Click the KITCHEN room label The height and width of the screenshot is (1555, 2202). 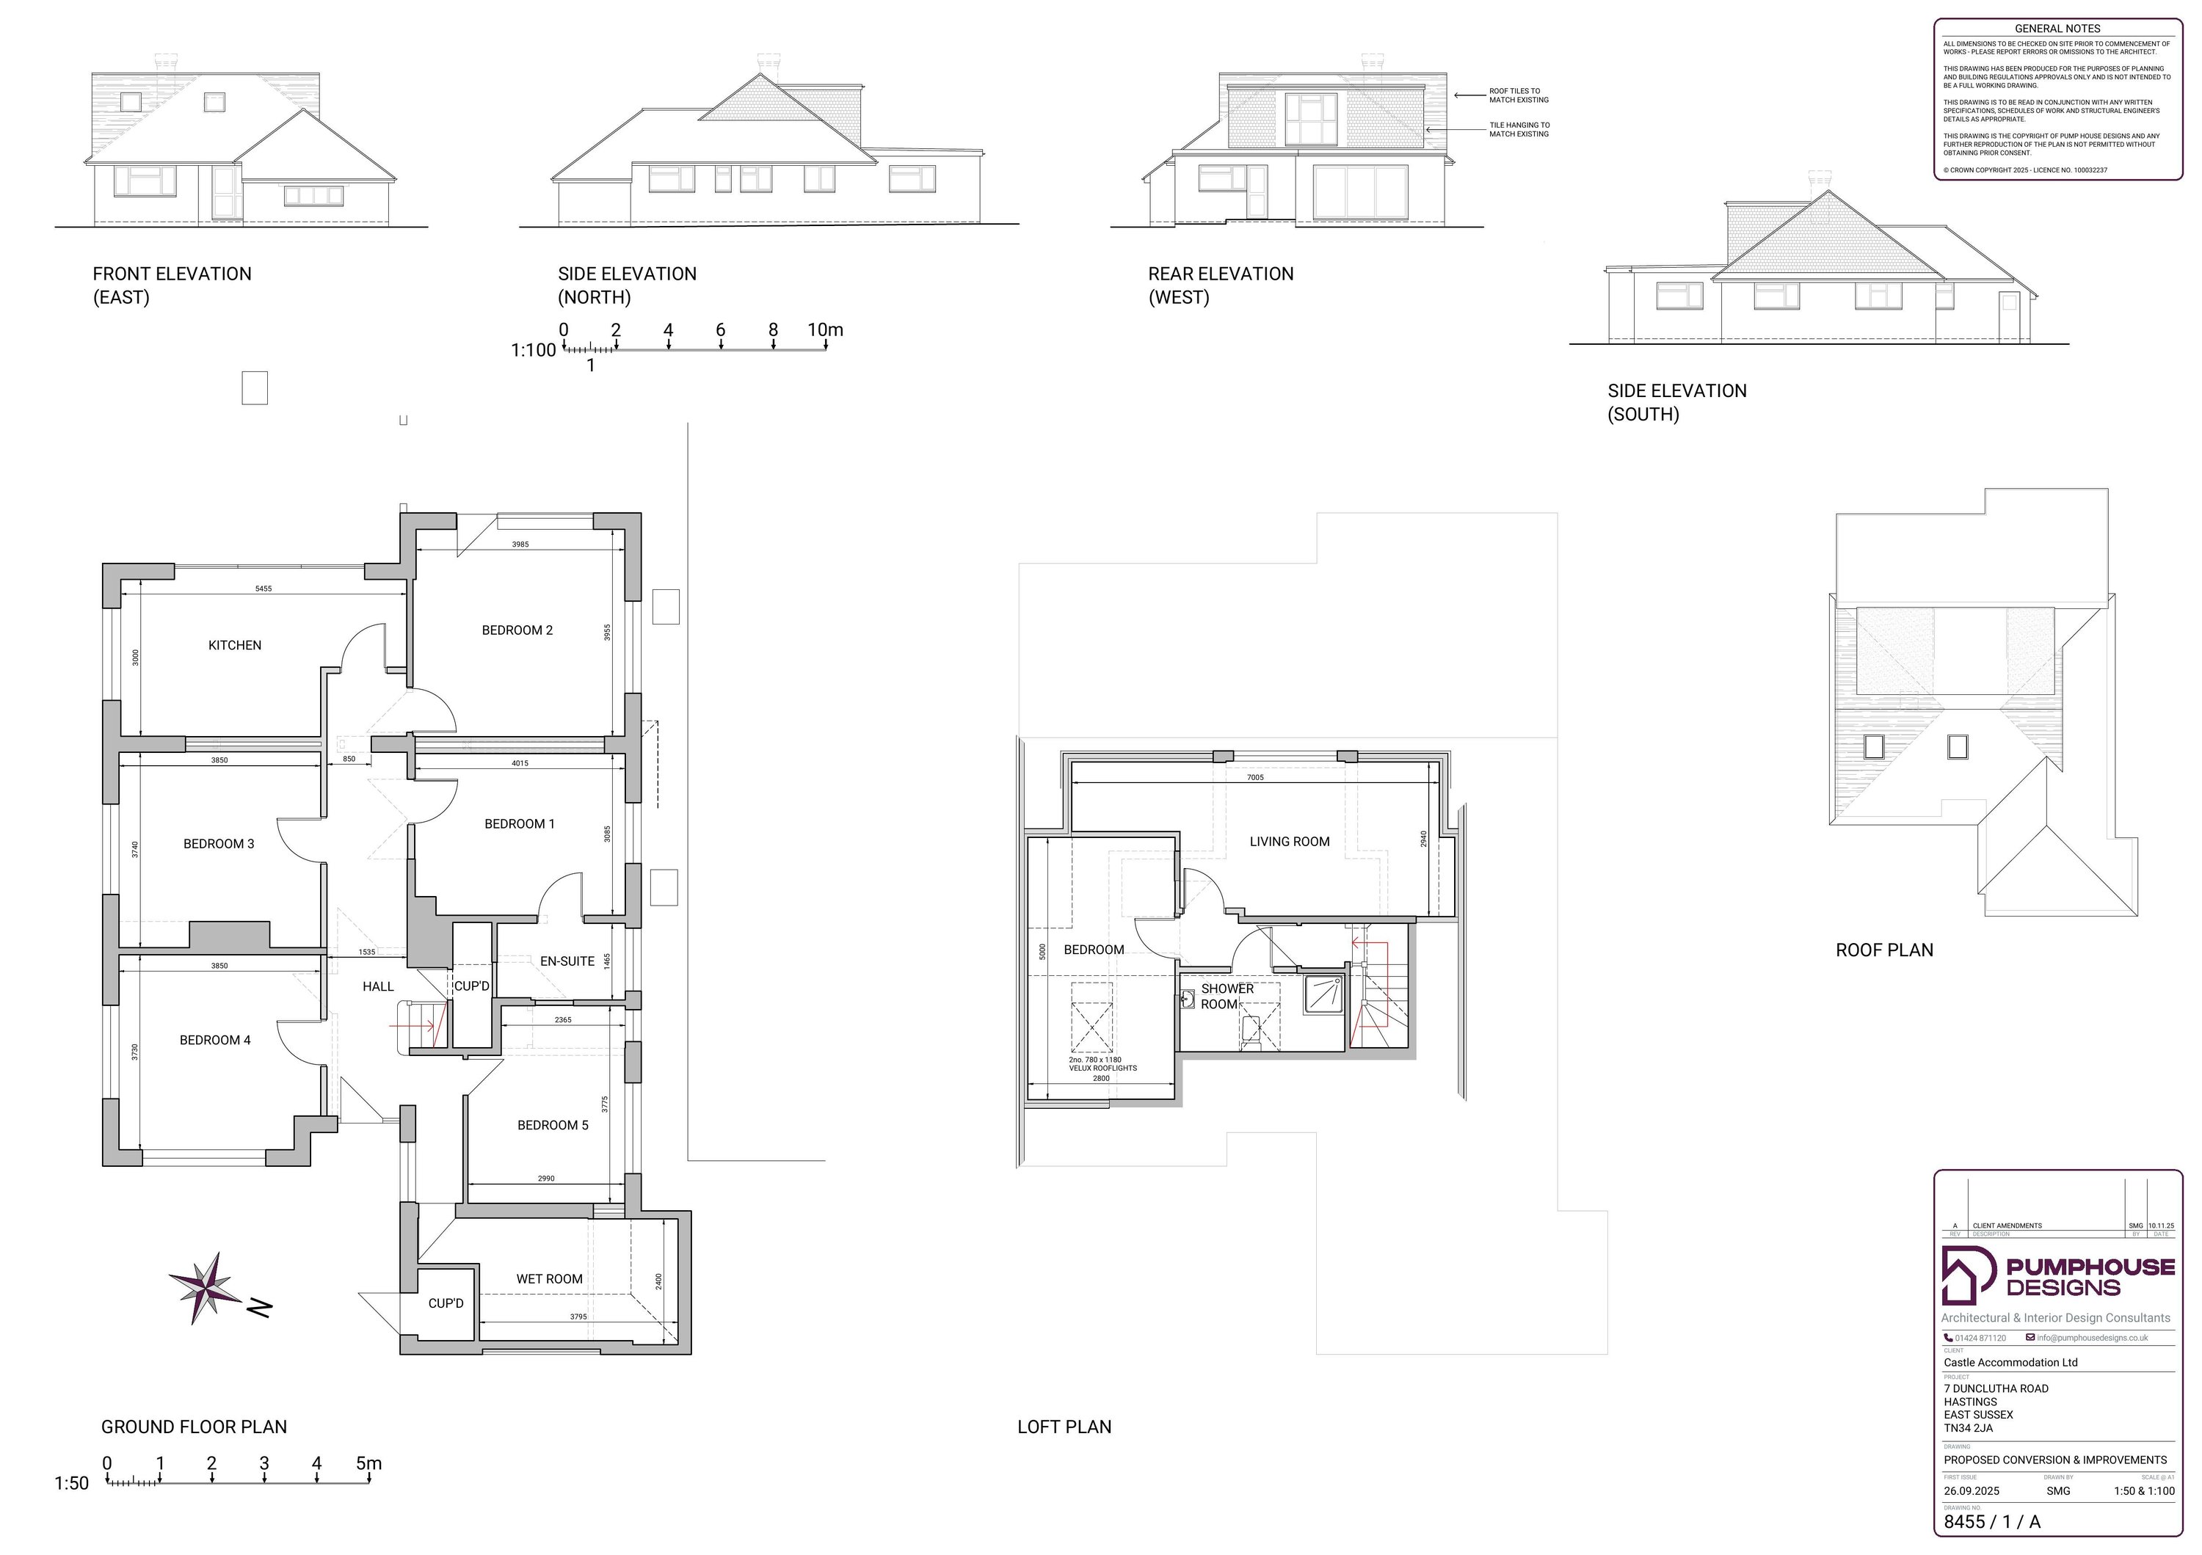(234, 645)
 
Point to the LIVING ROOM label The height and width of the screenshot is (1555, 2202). (1289, 842)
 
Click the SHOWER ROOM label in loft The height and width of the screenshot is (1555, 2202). (1226, 996)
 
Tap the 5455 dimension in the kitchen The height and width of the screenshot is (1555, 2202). (263, 589)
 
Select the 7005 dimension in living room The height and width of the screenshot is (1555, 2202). (1254, 778)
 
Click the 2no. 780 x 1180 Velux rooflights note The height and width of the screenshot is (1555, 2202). (1102, 1064)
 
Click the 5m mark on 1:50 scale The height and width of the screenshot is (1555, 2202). (368, 1464)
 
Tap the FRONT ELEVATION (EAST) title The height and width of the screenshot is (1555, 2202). (172, 285)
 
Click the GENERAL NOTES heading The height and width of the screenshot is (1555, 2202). (2057, 29)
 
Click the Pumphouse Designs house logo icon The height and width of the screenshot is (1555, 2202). (1965, 1276)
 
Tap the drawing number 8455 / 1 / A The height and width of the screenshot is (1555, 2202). (1992, 1521)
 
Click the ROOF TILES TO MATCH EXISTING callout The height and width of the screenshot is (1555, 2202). (1518, 95)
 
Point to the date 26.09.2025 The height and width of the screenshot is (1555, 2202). (1971, 1490)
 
